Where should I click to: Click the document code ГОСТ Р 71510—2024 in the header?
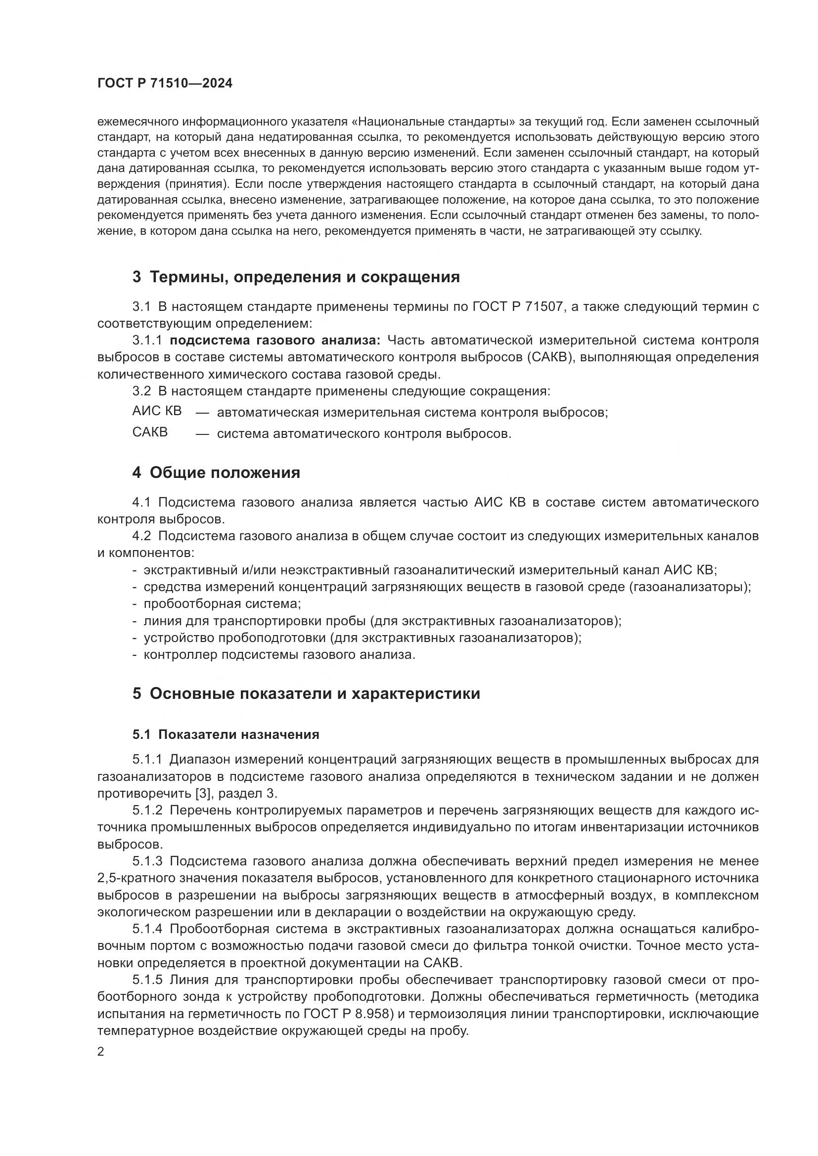pos(165,84)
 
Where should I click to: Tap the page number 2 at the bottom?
pos(101,1052)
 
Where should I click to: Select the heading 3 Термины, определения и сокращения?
pos(296,277)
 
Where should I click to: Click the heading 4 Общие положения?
pos(216,473)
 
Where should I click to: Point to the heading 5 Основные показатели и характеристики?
pos(306,693)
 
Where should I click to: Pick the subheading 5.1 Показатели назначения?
pos(226,734)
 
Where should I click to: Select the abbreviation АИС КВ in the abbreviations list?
pos(157,411)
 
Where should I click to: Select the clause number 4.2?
pos(141,536)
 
